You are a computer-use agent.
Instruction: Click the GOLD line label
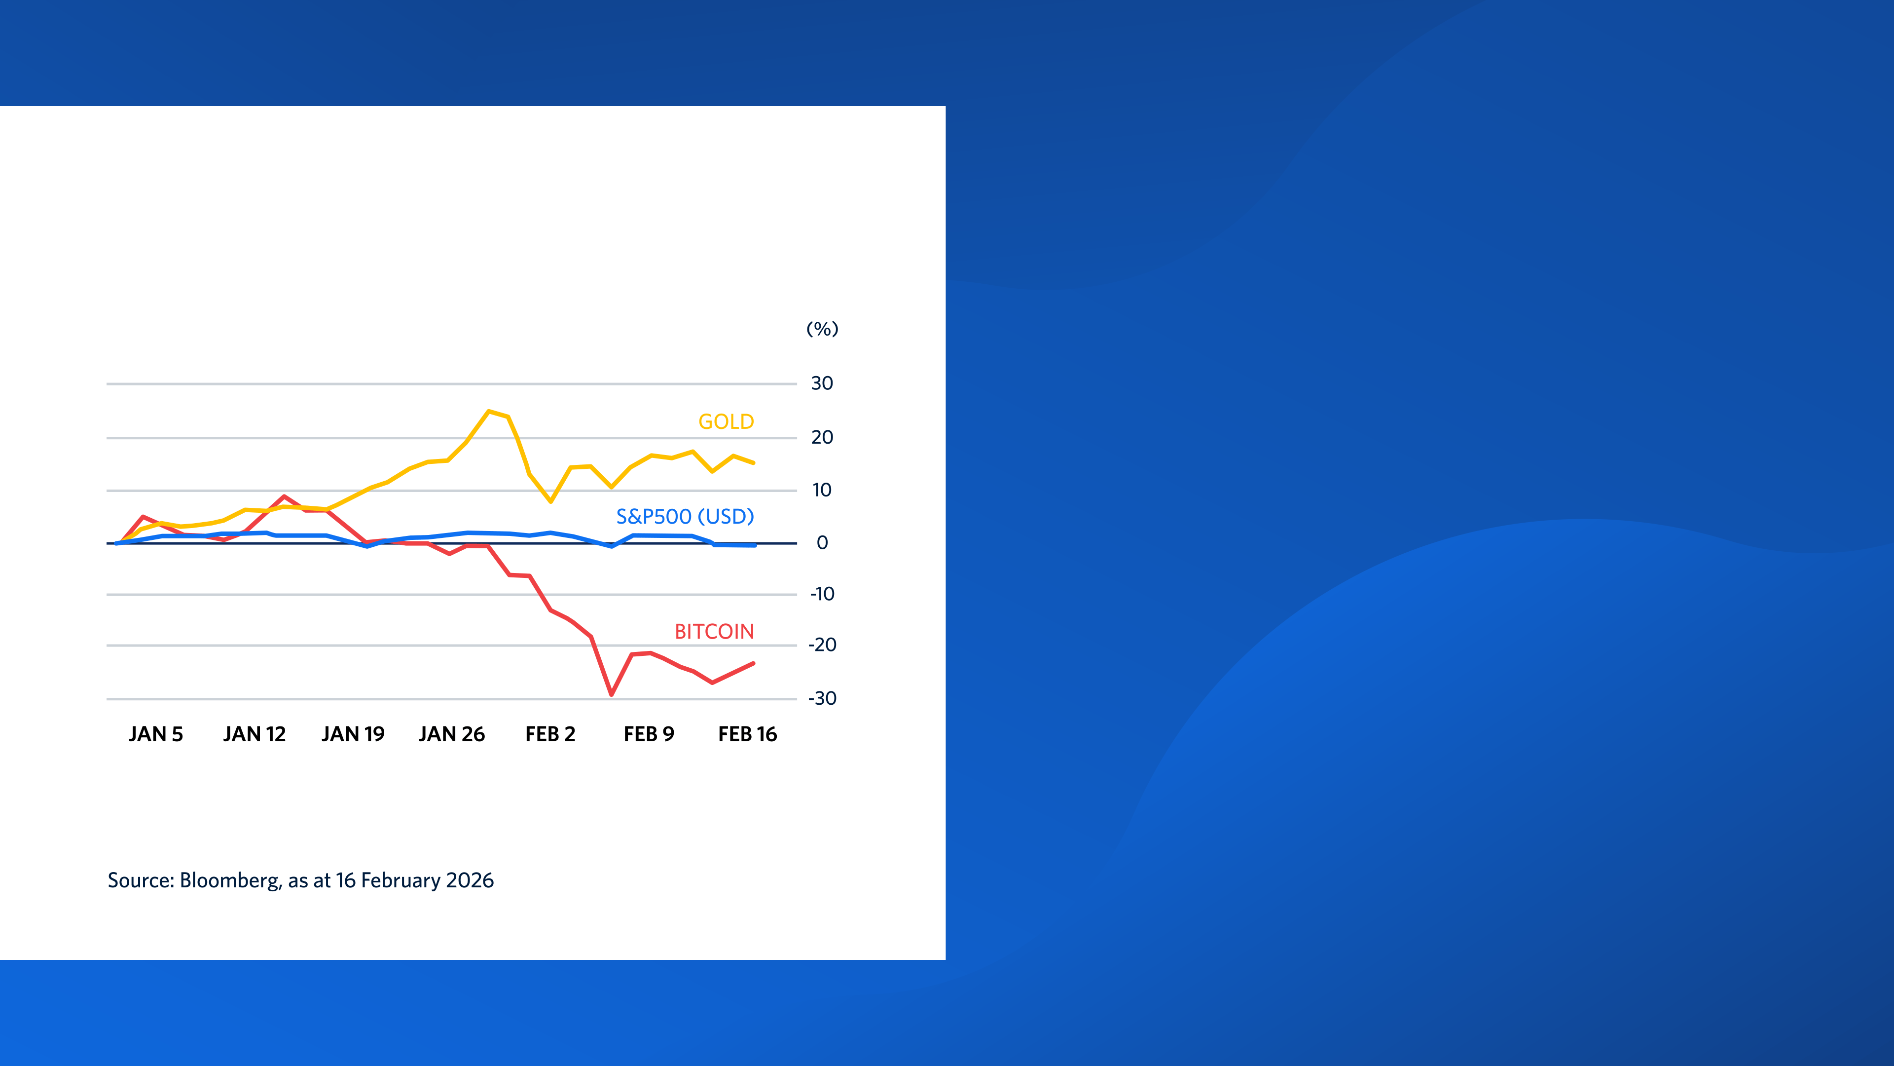point(726,421)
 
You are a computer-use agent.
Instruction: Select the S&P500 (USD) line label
point(685,516)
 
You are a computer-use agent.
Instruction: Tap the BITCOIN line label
point(714,631)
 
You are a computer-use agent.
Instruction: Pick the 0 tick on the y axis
point(822,543)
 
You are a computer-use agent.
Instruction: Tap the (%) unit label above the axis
point(822,329)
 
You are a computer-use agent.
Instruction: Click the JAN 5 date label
point(155,734)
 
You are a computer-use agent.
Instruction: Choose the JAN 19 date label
point(353,734)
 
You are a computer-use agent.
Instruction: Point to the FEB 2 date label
point(550,734)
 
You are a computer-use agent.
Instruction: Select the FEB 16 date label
point(747,734)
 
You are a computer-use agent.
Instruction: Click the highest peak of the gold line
point(489,411)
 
